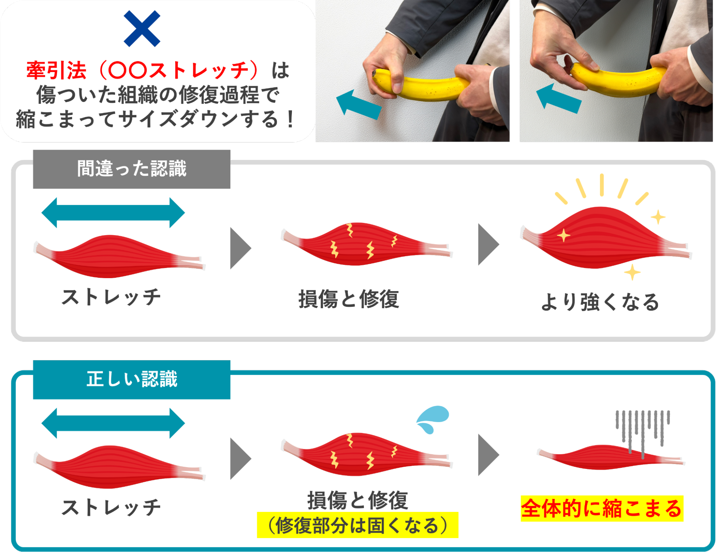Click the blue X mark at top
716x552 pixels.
point(142,29)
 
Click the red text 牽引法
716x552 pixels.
point(57,71)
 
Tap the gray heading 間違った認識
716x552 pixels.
point(131,169)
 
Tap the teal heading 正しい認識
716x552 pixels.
point(131,379)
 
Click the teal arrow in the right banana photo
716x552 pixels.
point(559,99)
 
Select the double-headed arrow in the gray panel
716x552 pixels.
point(113,213)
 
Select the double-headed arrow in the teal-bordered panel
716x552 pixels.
point(113,423)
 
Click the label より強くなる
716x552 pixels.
point(600,302)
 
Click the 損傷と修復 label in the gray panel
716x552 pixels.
point(349,299)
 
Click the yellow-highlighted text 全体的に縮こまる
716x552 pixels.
point(601,509)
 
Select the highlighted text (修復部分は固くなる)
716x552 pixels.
point(357,525)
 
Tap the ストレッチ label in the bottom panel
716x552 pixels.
point(111,507)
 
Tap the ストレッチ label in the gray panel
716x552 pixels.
point(111,297)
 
